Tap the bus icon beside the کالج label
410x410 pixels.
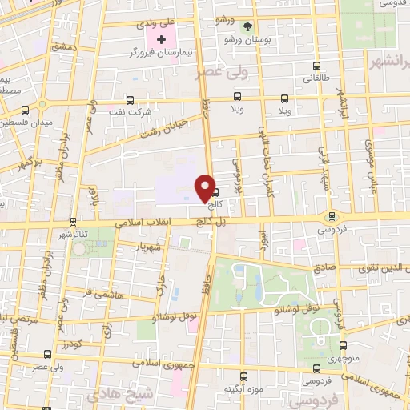coord(215,192)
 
